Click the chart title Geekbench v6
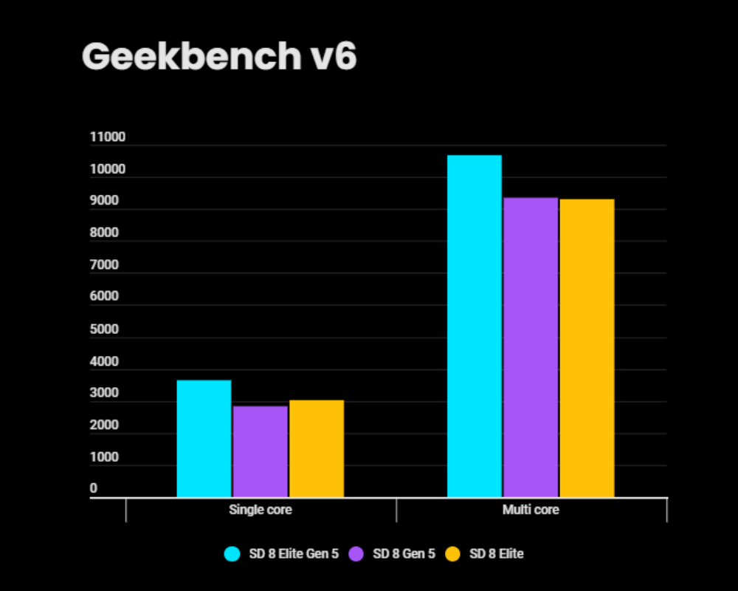point(219,56)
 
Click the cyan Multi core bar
point(475,325)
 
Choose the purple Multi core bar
point(531,346)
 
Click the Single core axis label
point(261,510)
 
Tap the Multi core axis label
point(531,510)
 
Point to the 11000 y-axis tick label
point(108,137)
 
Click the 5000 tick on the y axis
point(104,329)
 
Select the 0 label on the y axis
point(94,489)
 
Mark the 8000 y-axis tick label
point(104,233)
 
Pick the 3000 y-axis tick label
point(104,394)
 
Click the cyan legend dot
point(233,553)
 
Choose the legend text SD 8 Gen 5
point(404,553)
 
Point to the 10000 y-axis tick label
point(108,170)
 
